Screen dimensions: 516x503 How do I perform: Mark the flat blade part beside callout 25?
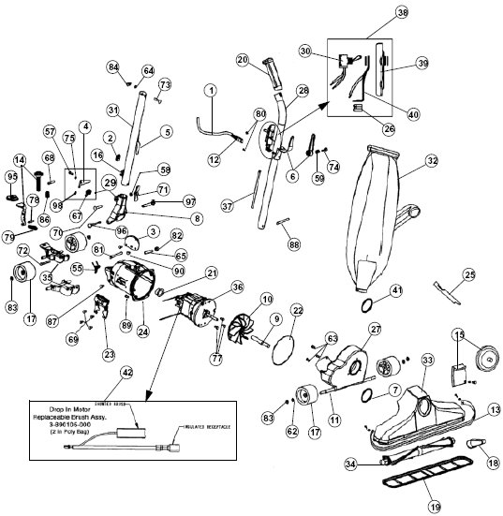click(x=448, y=289)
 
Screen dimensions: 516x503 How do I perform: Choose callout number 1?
click(x=212, y=90)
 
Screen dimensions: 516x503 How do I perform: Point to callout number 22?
click(x=297, y=309)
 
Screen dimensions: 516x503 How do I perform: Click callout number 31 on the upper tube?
click(x=112, y=110)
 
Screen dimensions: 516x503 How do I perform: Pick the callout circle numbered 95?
click(x=12, y=176)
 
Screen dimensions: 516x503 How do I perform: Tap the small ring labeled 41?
click(x=369, y=304)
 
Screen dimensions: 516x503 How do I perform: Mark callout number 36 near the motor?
click(x=237, y=287)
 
